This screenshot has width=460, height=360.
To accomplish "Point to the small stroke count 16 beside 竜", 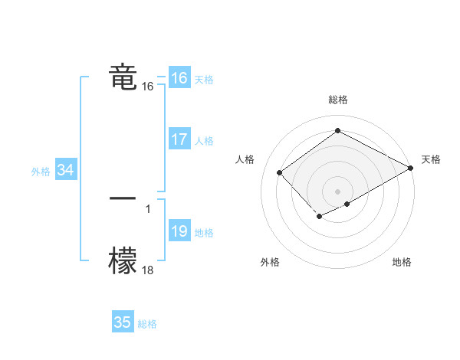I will point(148,87).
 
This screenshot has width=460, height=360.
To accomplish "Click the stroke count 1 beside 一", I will point(147,208).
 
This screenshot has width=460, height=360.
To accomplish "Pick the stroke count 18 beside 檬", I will point(148,269).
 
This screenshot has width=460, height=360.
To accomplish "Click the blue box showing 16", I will point(179,78).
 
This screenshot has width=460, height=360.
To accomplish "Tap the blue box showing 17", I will point(179,139).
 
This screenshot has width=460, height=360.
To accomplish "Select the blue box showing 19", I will point(179,231).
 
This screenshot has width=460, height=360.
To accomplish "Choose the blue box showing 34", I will point(65,170).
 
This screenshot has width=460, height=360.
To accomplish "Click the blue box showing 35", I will point(123,322).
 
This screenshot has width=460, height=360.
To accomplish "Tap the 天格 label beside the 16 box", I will point(204,80).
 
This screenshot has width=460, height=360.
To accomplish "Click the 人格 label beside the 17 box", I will point(204,141).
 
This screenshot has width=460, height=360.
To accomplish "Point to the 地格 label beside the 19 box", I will point(204,233).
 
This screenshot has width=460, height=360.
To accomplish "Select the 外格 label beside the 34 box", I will point(41,172).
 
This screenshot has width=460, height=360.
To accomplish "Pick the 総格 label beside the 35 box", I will point(147,324).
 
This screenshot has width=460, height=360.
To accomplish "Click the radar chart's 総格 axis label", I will point(337,100).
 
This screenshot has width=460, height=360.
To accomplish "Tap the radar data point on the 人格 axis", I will point(280,173).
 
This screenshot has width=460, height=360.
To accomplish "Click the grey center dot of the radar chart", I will point(337,191).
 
